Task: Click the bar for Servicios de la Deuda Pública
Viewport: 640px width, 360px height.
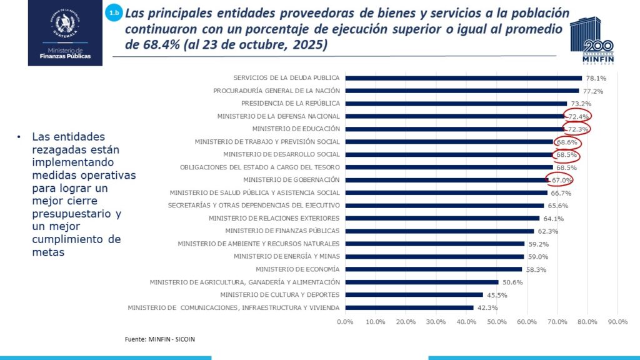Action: [463, 78]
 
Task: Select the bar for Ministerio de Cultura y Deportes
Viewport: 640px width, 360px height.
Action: [414, 294]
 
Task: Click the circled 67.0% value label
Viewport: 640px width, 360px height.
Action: [561, 180]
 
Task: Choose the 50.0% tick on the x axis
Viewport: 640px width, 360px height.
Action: [496, 322]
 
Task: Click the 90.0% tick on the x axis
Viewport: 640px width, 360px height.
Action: [617, 322]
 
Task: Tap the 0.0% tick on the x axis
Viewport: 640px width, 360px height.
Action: [345, 322]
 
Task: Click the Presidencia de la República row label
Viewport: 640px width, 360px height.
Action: [290, 103]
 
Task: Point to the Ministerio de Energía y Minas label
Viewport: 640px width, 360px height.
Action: [286, 256]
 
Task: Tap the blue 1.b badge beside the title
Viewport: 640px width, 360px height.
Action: [114, 12]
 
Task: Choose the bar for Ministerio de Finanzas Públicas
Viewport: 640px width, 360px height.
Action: [439, 231]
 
